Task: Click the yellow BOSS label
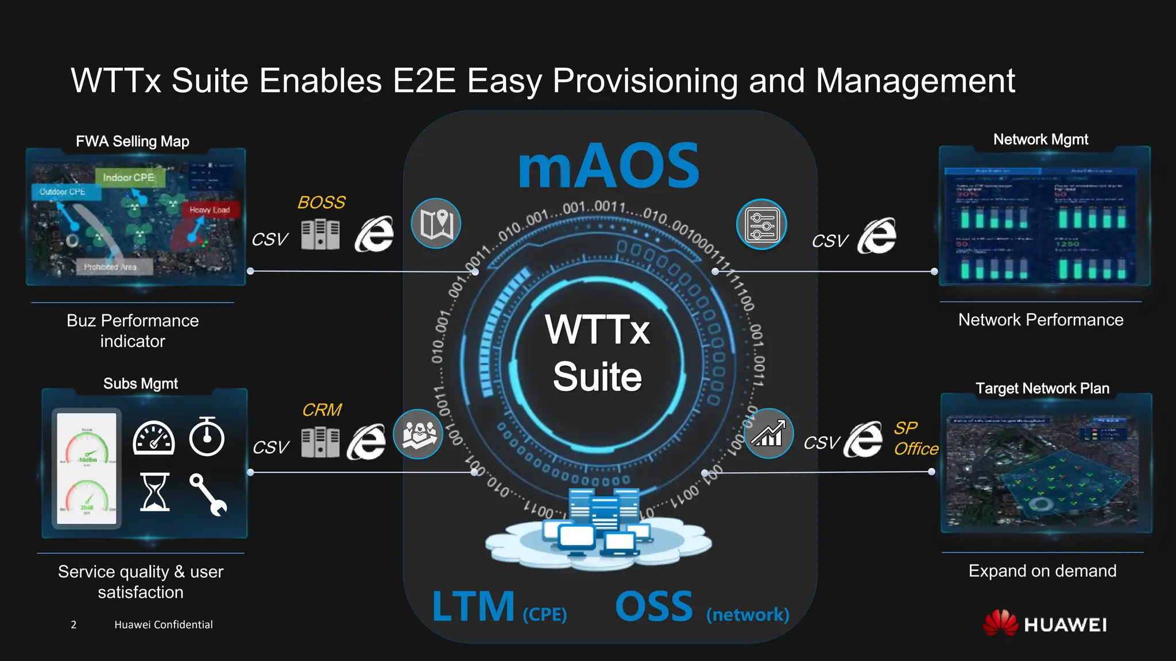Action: (322, 203)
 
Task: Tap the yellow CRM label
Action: (322, 410)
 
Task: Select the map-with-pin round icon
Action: (436, 223)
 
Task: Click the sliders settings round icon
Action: (761, 224)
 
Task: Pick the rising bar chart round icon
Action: (768, 434)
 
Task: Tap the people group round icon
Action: (418, 434)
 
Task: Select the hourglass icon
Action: (154, 492)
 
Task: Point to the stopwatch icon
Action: (207, 437)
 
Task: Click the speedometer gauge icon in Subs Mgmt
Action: (153, 438)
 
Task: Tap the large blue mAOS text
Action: (609, 166)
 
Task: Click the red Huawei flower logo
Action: (1000, 623)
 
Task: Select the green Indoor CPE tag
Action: (129, 178)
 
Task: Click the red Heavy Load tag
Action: (210, 210)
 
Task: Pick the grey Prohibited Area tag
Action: (110, 267)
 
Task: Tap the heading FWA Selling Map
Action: (133, 141)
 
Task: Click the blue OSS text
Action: (654, 607)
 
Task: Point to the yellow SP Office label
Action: (915, 438)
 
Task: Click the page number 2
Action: (73, 625)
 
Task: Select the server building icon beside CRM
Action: (320, 442)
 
